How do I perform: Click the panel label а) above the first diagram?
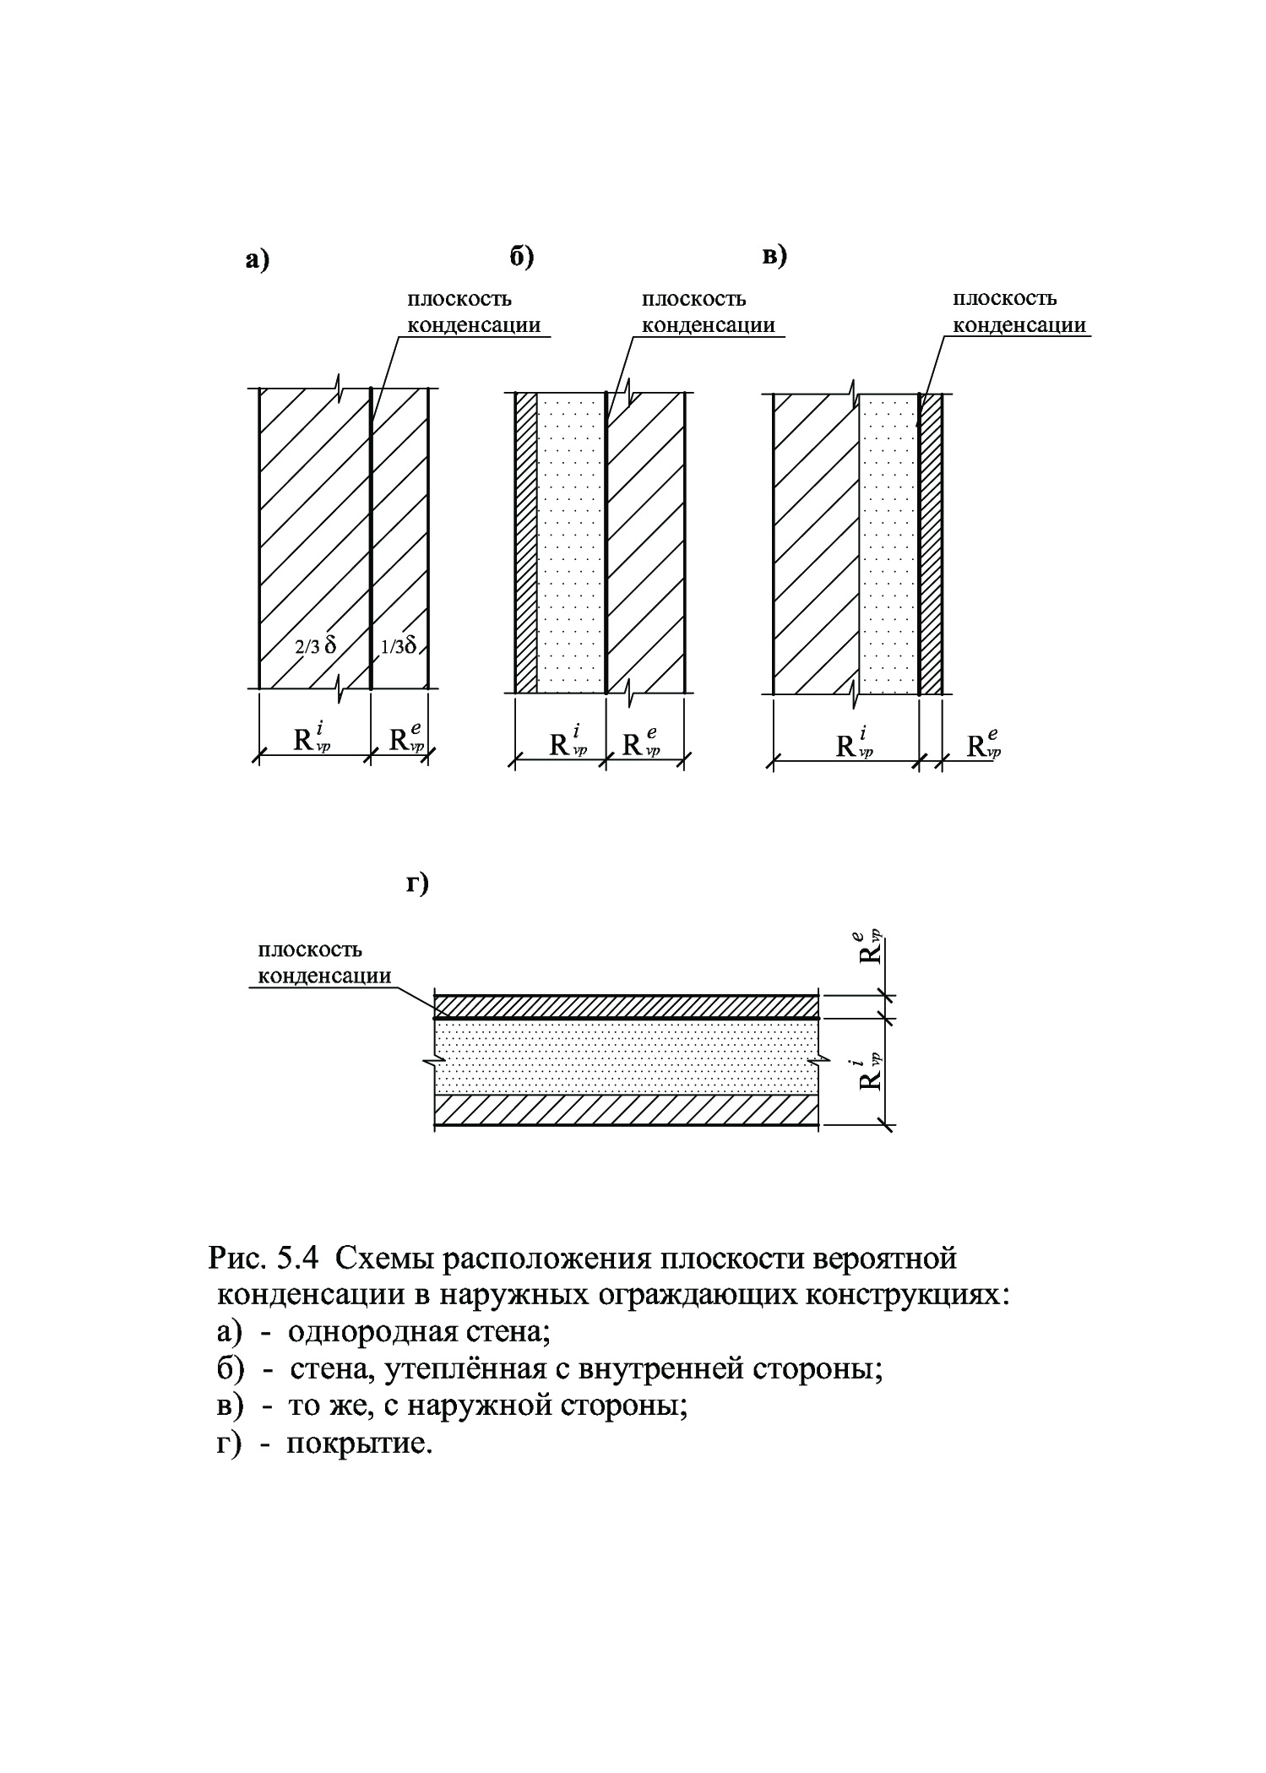[257, 260]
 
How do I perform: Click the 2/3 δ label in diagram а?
[314, 647]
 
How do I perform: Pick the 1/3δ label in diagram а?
[399, 646]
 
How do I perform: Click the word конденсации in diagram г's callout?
[324, 976]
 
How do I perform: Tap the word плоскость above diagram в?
[1004, 298]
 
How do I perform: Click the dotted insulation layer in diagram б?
[571, 541]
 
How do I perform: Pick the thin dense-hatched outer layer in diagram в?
[931, 541]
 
